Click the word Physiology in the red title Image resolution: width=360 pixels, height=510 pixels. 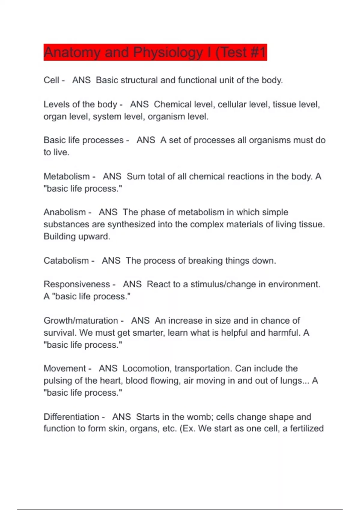pos(168,52)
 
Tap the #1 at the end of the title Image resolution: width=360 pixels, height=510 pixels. pos(257,52)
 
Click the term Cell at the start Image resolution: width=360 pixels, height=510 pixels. pos(51,80)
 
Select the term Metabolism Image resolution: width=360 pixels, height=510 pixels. pos(67,176)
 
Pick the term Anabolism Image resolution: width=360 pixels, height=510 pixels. pos(65,212)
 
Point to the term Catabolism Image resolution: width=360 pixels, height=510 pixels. pos(66,260)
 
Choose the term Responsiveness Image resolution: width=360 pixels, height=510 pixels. pos(77,284)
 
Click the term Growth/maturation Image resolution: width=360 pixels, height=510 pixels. pos(81,321)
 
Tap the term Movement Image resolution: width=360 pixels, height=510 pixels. pos(65,368)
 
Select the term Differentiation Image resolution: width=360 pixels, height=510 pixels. pos(71,417)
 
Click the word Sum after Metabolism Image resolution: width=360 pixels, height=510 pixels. pos(136,176)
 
